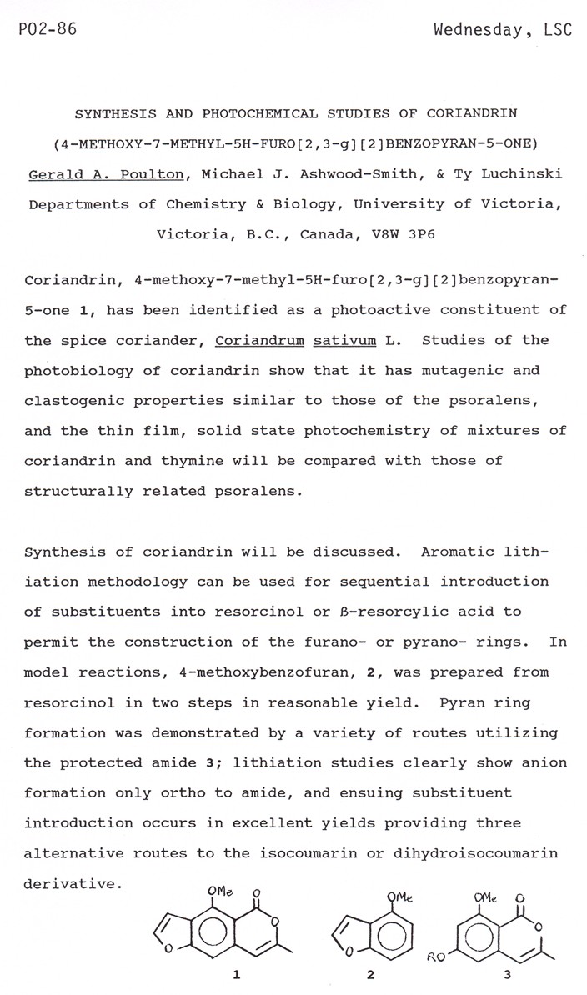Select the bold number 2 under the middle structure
pyautogui.click(x=371, y=972)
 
